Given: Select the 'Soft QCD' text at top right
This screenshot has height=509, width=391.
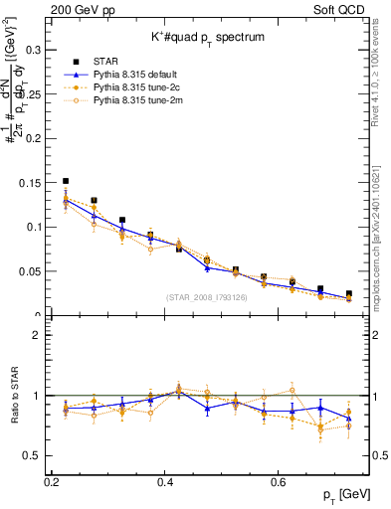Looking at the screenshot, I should coord(347,8).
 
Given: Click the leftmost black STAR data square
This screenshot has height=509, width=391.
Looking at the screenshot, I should coord(66,182).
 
